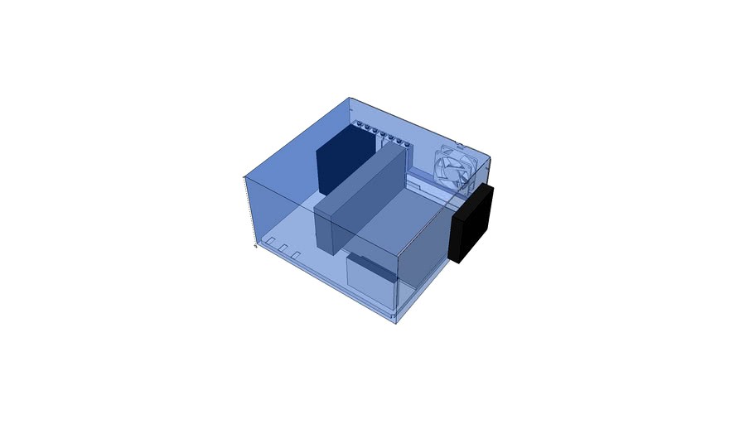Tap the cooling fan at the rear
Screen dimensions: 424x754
455,167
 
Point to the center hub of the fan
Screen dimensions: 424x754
455,168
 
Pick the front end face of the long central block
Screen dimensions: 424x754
326,227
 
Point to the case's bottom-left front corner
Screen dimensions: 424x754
254,246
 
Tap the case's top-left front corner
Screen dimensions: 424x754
244,177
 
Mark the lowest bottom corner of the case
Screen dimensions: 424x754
396,322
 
